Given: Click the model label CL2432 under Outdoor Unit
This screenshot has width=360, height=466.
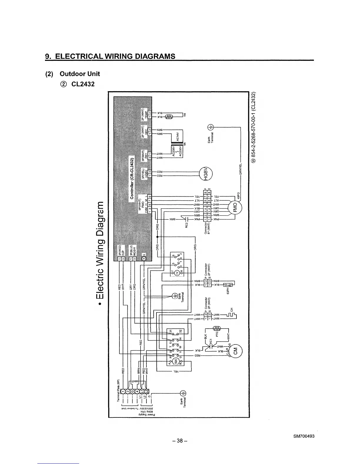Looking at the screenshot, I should [x=83, y=84].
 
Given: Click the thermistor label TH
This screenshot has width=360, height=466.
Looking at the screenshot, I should [x=185, y=115].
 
